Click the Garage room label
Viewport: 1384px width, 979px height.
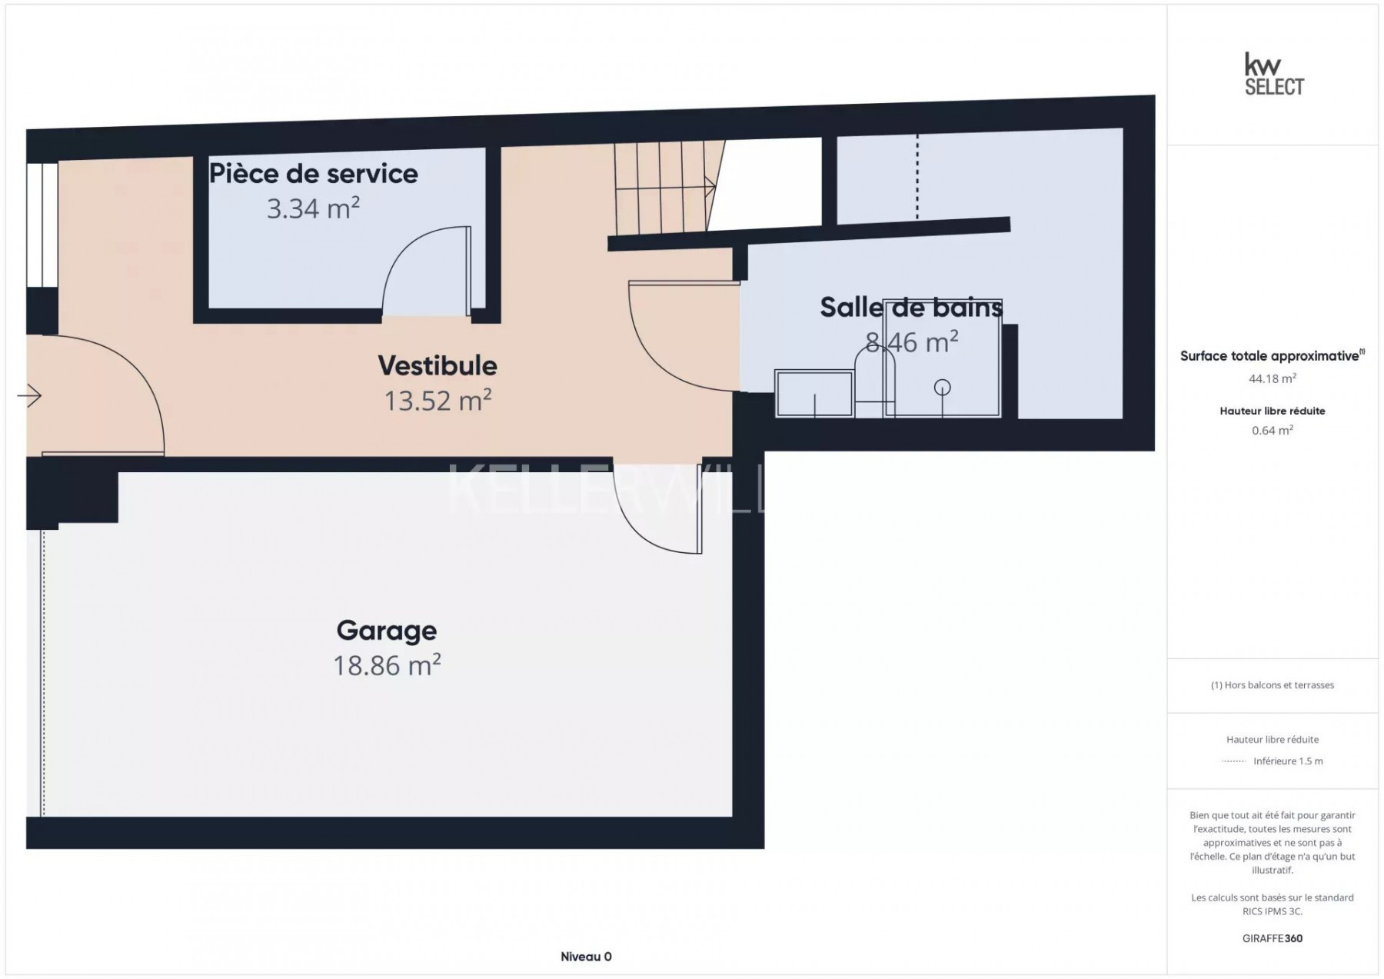[x=387, y=631]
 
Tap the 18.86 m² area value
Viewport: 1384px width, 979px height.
[x=387, y=665]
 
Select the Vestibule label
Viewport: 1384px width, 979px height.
[x=437, y=365]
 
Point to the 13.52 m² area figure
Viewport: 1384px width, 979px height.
[x=437, y=401]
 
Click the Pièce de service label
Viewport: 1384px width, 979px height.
[x=314, y=174]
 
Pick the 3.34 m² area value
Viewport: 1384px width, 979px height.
[x=314, y=208]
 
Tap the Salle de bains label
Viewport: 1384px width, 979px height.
[x=911, y=308]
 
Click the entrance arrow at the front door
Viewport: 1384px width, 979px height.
[x=29, y=396]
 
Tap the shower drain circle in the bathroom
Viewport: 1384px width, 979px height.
[x=942, y=387]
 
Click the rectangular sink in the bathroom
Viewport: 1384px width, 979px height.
[x=814, y=394]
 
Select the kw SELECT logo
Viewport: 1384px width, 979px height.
[x=1274, y=74]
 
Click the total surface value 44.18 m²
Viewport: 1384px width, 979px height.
[x=1273, y=378]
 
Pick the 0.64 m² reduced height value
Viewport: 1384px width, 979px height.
[x=1273, y=430]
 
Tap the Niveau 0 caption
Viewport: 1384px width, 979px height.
[x=586, y=957]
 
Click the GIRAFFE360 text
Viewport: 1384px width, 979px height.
[x=1273, y=938]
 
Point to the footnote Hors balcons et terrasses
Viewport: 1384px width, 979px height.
[x=1273, y=685]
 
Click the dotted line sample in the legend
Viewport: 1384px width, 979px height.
[x=1233, y=761]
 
